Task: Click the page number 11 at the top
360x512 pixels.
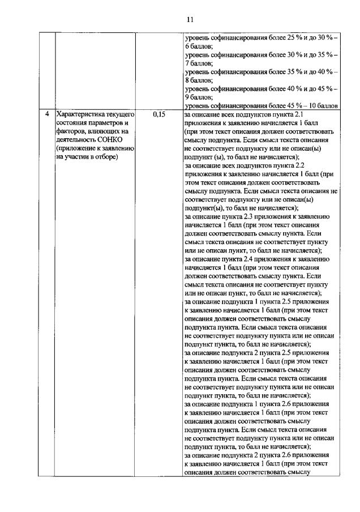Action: pyautogui.click(x=189, y=19)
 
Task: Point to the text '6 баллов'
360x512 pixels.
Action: pyautogui.click(x=199, y=45)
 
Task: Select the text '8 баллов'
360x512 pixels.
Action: pyautogui.click(x=199, y=80)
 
